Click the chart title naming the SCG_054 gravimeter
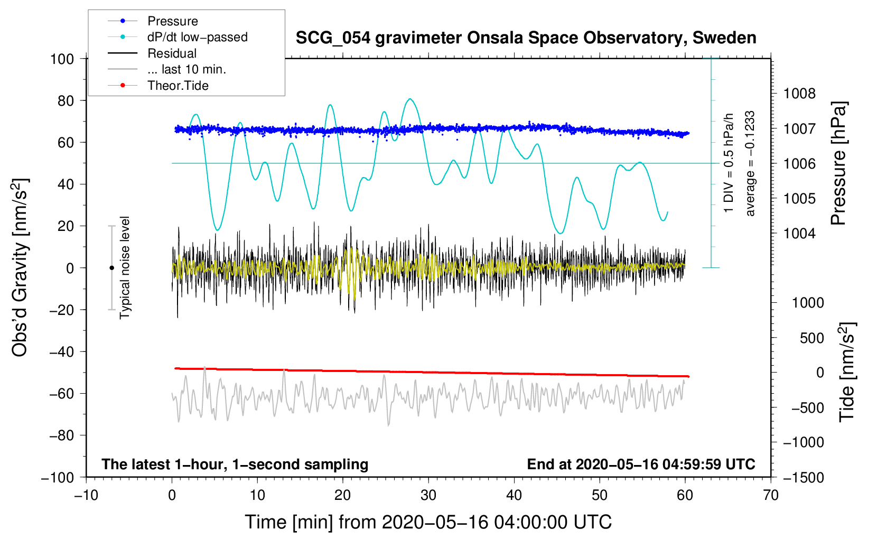click(526, 38)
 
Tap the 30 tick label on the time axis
click(428, 495)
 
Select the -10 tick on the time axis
click(86, 495)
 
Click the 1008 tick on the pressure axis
click(799, 94)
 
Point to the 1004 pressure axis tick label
click(799, 234)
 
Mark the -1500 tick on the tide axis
click(804, 477)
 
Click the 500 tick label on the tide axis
click(811, 338)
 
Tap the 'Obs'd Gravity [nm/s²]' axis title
click(20, 267)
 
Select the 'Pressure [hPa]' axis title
click(838, 164)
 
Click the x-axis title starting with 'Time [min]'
click(428, 522)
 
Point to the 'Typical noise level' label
click(125, 267)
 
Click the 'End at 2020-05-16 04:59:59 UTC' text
click(641, 464)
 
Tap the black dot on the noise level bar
click(111, 268)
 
